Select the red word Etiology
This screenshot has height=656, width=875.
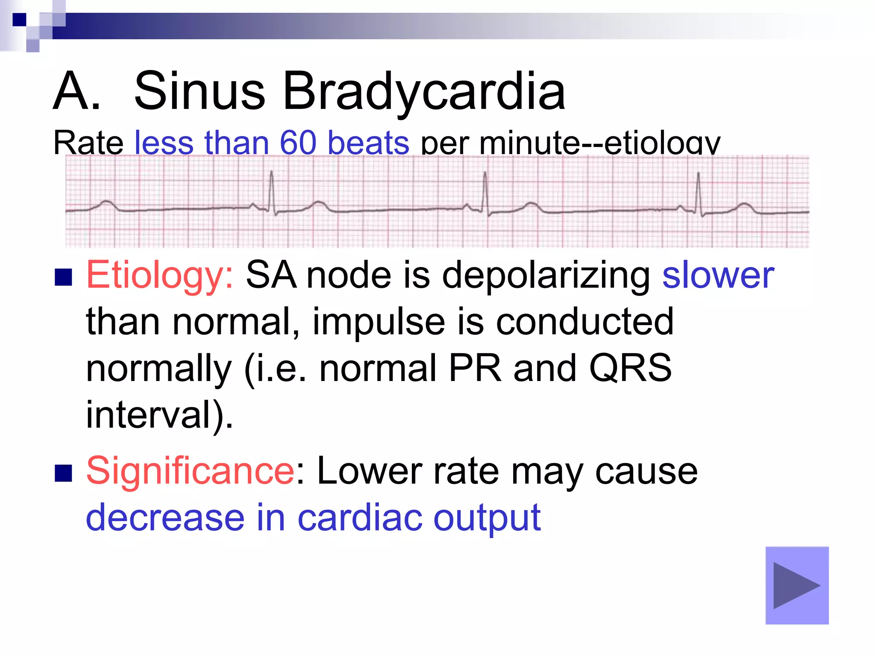(x=159, y=275)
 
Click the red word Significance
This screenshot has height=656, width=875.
(x=190, y=471)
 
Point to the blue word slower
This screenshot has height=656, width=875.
(x=718, y=275)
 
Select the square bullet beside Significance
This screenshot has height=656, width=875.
(x=63, y=473)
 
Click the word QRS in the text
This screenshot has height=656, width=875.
(x=630, y=368)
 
